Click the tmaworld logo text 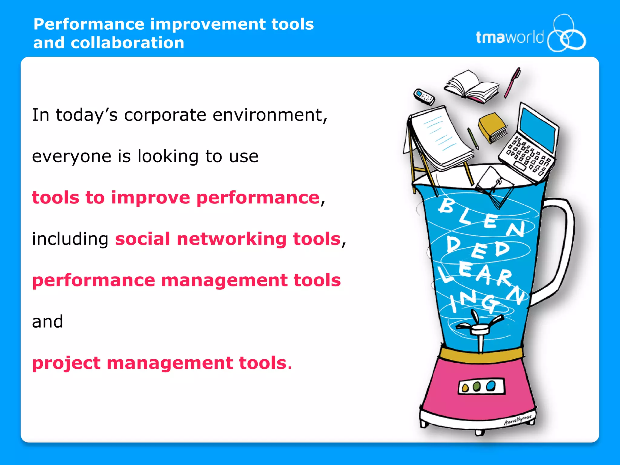tap(510, 38)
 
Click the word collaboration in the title tap(127, 43)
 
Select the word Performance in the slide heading tap(89, 24)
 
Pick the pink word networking tap(232, 239)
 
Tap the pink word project tap(66, 363)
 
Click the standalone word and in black tap(48, 322)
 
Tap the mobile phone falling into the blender tap(424, 97)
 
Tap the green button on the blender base tap(477, 387)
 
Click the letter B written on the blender tap(447, 206)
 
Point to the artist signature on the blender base tap(517, 420)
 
